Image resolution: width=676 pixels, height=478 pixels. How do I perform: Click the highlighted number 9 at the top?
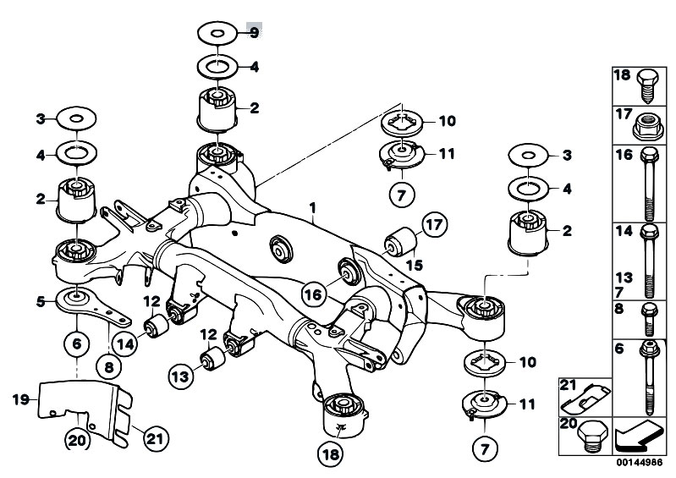[x=255, y=32]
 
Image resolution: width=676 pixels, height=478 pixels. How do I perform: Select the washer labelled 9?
[x=217, y=33]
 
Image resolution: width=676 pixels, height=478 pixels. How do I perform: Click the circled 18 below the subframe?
[x=331, y=453]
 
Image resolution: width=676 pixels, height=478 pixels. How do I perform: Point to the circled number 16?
[x=313, y=294]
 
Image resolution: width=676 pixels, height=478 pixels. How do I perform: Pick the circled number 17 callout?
[x=435, y=224]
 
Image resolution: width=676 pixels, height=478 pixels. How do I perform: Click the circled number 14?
[x=125, y=345]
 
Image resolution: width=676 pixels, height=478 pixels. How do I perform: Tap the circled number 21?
[x=156, y=439]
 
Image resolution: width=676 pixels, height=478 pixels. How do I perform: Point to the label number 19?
[x=20, y=399]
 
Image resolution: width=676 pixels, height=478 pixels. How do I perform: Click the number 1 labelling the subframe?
[x=313, y=208]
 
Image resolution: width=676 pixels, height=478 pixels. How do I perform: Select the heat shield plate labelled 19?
[x=85, y=413]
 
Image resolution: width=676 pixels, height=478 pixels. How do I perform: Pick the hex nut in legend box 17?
[x=648, y=127]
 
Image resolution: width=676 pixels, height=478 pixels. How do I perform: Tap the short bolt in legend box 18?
[x=647, y=85]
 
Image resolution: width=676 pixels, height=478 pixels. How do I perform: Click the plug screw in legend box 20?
[x=592, y=436]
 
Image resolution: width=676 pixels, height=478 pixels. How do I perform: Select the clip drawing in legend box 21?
[x=585, y=400]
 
